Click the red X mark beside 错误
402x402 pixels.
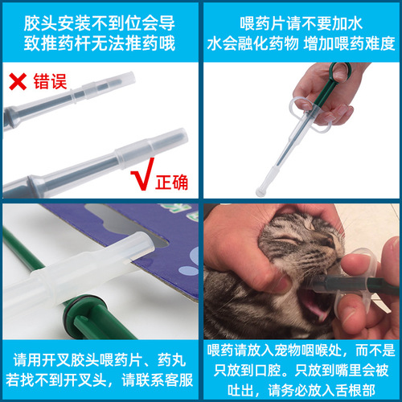point(16,80)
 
